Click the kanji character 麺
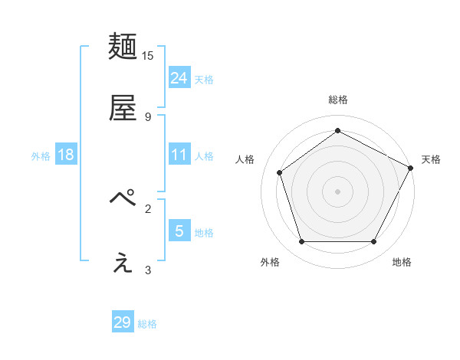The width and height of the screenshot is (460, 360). (x=123, y=47)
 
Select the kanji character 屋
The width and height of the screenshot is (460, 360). (x=123, y=108)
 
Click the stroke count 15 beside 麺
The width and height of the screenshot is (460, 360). (x=148, y=56)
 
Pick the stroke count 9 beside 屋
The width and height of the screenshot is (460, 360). (x=148, y=116)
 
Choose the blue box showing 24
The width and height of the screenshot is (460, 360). (x=179, y=77)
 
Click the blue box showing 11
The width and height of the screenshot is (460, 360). (x=179, y=155)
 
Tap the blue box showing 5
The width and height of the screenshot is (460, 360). (x=179, y=231)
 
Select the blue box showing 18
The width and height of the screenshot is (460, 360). (x=66, y=155)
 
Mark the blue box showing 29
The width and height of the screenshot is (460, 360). (x=123, y=322)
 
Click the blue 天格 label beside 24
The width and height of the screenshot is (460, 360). (x=204, y=80)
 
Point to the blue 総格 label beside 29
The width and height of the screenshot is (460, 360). (x=147, y=324)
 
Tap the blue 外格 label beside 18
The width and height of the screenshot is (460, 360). (x=41, y=156)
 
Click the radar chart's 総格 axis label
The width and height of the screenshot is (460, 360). (x=337, y=100)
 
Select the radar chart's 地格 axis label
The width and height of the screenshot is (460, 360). (x=402, y=262)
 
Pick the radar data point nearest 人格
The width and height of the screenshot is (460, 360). (x=280, y=172)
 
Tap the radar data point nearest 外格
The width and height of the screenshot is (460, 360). (x=302, y=242)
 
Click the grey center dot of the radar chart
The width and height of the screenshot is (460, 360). (x=337, y=191)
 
